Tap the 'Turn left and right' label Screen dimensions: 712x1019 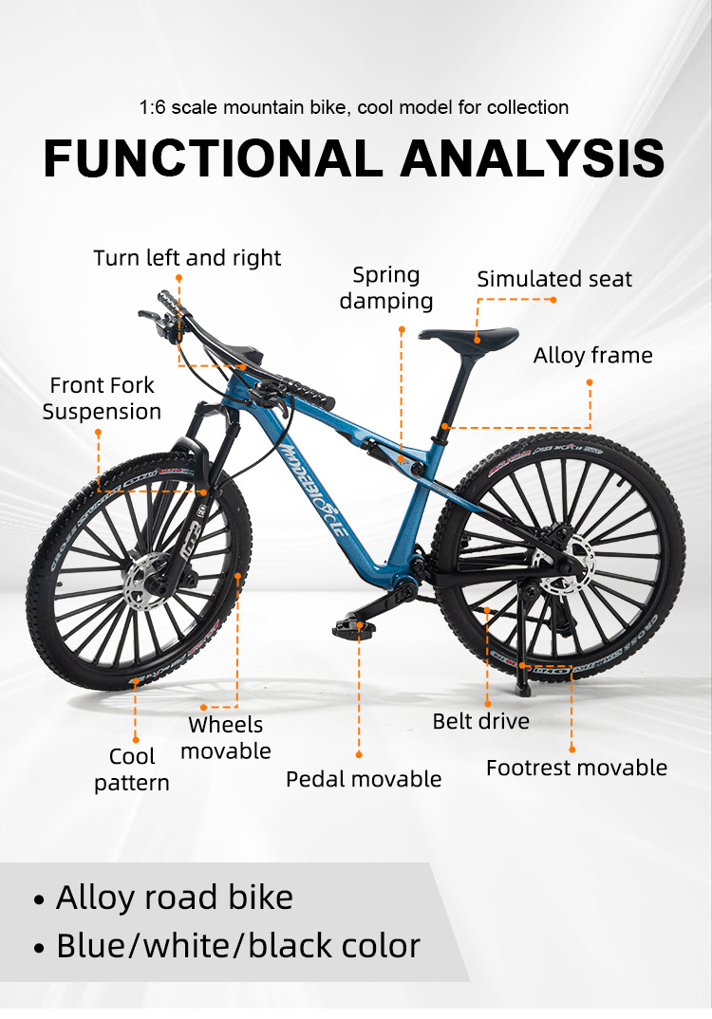[187, 258]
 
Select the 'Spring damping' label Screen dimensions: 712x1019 [385, 288]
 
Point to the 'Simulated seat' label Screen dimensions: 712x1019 [554, 279]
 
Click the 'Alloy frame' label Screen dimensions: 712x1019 [592, 356]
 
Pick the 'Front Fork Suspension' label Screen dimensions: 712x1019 [102, 398]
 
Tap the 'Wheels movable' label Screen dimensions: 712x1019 [226, 738]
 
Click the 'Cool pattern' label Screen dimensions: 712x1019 [132, 769]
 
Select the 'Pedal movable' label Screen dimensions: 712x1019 [364, 779]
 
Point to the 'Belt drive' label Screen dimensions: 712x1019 [480, 721]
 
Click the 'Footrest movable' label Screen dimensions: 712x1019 [576, 768]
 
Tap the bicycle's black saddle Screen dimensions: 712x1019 [469, 336]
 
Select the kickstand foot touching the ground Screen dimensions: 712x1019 [522, 682]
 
